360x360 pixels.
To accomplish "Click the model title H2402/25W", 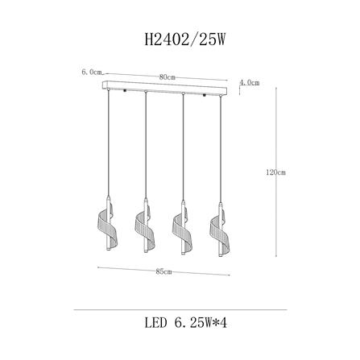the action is (184, 40).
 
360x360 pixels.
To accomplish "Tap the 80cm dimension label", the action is (167, 77).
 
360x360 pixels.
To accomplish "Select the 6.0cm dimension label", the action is (92, 72).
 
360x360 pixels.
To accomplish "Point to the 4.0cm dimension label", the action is (250, 83).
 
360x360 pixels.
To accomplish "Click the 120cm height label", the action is (275, 172).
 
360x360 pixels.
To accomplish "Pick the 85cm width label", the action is (163, 271).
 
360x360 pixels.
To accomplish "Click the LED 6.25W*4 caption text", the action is (186, 323).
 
